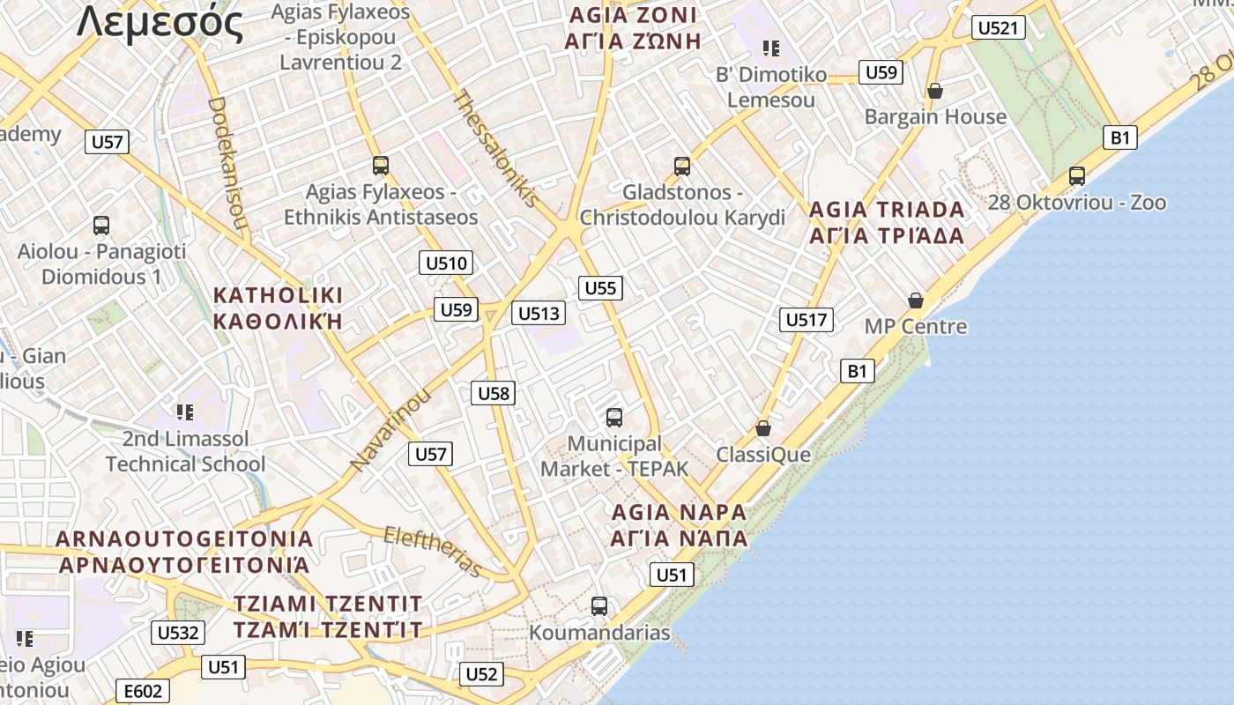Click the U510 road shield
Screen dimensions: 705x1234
(x=447, y=263)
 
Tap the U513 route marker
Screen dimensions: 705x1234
(x=538, y=313)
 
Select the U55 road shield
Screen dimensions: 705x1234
(x=601, y=287)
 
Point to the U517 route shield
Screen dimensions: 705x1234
(x=807, y=319)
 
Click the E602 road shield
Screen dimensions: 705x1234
(x=142, y=692)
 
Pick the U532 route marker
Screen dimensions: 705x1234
(x=179, y=633)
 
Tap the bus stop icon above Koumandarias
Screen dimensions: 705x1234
(x=599, y=606)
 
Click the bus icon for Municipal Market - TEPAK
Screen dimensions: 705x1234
(x=614, y=418)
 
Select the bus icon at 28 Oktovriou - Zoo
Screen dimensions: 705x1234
(x=1076, y=176)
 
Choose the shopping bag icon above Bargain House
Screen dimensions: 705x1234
(x=935, y=91)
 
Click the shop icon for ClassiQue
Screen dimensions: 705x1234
(x=763, y=428)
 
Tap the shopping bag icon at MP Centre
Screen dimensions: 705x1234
(x=916, y=301)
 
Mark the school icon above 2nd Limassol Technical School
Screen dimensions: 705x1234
(x=184, y=412)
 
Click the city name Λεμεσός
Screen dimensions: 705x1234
(x=160, y=23)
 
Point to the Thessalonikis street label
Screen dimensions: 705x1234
(x=494, y=147)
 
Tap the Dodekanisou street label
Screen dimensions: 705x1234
(x=227, y=163)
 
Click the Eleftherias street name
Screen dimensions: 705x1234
(x=433, y=551)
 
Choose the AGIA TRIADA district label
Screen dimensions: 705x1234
(x=887, y=210)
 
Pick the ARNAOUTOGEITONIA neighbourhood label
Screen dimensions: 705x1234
(x=184, y=538)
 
